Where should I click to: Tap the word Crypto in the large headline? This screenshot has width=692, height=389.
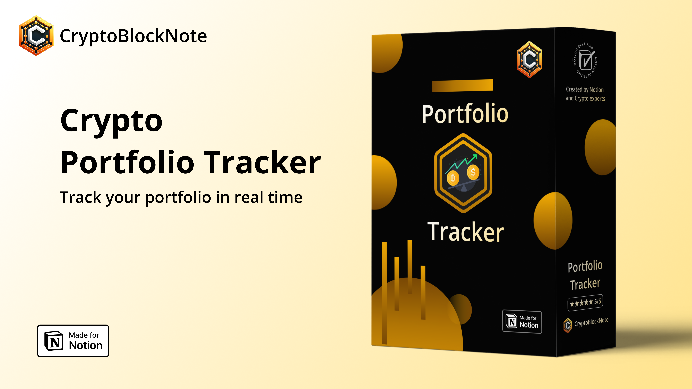tap(111, 121)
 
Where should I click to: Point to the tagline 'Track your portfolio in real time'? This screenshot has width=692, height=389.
tap(181, 197)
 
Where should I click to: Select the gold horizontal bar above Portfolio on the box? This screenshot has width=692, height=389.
tap(463, 85)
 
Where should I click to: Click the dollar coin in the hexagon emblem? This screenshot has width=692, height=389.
tap(473, 172)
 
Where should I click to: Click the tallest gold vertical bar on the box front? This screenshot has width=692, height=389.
tap(384, 293)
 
